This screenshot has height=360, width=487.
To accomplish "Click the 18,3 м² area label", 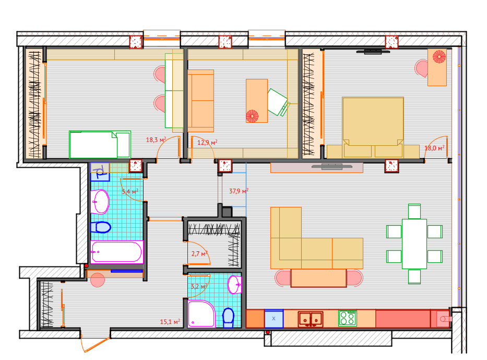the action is (x=156, y=140).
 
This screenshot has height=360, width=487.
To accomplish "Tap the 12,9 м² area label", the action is (x=207, y=143).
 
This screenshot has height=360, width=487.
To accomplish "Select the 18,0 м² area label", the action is (x=434, y=148).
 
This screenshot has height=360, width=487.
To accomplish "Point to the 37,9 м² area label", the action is (x=239, y=191).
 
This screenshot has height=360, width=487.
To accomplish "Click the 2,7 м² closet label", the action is (x=199, y=254).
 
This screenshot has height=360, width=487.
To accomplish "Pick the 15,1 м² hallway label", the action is (x=170, y=322).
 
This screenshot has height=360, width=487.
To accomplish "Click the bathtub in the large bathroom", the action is (x=117, y=252).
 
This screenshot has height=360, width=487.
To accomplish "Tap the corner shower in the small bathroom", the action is (x=201, y=314).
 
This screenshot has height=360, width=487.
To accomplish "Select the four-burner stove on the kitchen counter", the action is (x=348, y=318).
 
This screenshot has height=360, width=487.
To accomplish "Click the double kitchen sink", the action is (x=311, y=319).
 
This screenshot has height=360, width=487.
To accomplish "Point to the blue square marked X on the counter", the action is (x=274, y=319).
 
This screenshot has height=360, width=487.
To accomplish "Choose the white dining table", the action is (x=414, y=244).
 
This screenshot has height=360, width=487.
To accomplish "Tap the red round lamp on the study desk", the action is (x=252, y=117).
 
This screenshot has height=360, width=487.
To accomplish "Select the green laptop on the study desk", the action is (x=278, y=102).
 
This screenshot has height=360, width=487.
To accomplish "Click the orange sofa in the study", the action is (x=200, y=101).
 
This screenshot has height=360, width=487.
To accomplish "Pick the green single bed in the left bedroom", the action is (x=100, y=145).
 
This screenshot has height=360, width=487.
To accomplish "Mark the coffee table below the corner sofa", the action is (x=318, y=278).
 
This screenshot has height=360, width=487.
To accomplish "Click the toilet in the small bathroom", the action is (x=228, y=318).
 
